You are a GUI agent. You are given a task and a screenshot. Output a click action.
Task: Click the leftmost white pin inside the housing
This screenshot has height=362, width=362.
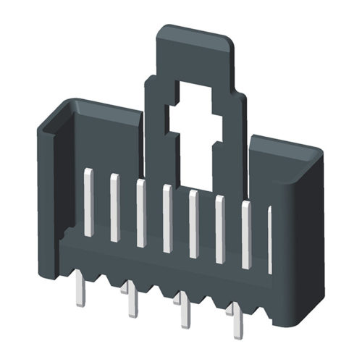pyautogui.click(x=88, y=202)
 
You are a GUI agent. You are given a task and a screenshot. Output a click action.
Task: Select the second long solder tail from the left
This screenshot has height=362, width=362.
pyautogui.click(x=131, y=300)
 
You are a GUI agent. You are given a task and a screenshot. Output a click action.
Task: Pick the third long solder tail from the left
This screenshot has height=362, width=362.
pyautogui.click(x=184, y=312)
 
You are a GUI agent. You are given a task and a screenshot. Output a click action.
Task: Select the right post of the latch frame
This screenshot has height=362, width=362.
pyautogui.click(x=234, y=145)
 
